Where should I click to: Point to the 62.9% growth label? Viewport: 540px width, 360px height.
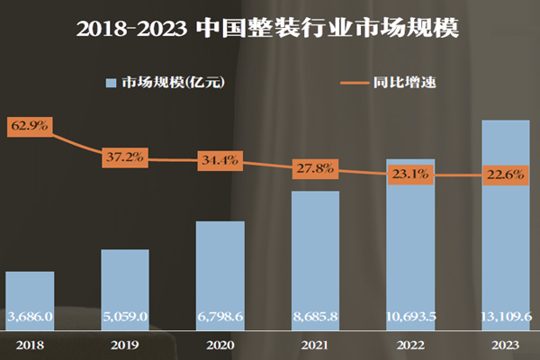(30, 127)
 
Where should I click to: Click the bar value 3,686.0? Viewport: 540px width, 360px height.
(30, 317)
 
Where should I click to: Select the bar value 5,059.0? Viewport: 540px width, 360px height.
(125, 317)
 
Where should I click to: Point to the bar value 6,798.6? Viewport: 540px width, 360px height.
(220, 317)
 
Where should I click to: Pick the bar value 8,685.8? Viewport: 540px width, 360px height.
(316, 317)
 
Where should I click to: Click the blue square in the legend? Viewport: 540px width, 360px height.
(111, 84)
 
